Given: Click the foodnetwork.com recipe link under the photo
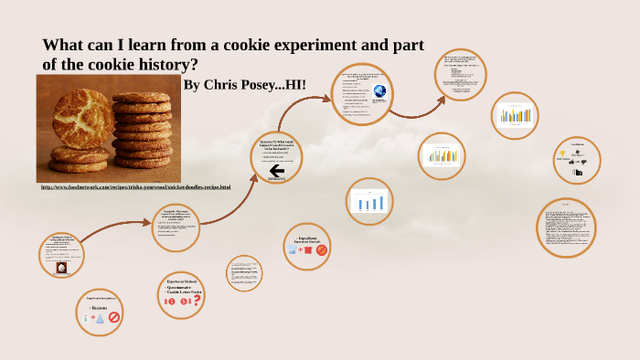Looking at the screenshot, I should (135, 186).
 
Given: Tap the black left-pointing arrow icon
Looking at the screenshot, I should (276, 170).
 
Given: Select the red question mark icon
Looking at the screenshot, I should (197, 299).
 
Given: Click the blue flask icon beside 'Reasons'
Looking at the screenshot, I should (100, 317).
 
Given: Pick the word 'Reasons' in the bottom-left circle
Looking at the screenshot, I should (101, 308).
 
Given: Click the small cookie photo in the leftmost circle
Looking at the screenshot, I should (61, 269).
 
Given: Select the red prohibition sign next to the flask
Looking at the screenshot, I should (114, 317).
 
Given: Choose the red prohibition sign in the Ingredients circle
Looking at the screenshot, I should (321, 249).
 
